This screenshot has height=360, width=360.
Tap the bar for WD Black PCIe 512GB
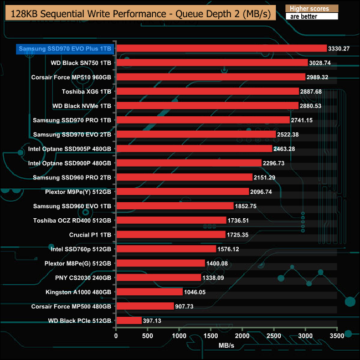pyautogui.click(x=128, y=320)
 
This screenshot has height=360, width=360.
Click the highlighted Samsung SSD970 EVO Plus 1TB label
pyautogui.click(x=65, y=49)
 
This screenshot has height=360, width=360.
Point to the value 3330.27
pyautogui.click(x=339, y=49)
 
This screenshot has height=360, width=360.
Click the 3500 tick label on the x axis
pyautogui.click(x=336, y=335)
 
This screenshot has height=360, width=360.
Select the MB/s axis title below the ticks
pyautogui.click(x=227, y=345)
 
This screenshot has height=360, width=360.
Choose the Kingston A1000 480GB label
pyautogui.click(x=80, y=291)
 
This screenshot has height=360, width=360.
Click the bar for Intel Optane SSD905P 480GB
pyautogui.click(x=194, y=148)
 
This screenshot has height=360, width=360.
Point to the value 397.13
pyautogui.click(x=154, y=321)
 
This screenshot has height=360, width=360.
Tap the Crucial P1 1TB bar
pyautogui.click(x=171, y=234)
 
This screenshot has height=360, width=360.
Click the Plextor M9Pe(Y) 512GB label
pyautogui.click(x=78, y=192)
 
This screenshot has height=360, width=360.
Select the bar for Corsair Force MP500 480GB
pyautogui.click(x=145, y=306)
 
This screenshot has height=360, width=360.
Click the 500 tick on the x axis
pyautogui.click(x=148, y=335)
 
